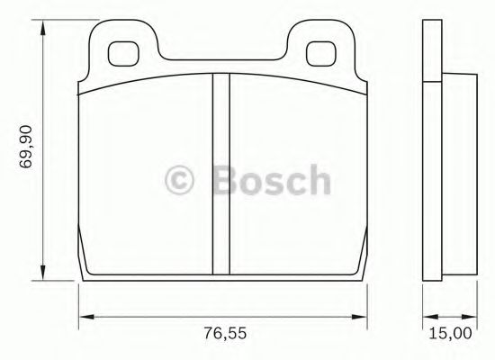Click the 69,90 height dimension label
pos(26,147)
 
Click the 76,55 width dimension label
pos(225,333)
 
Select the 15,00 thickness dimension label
pos(451,333)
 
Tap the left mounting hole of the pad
pos(123,54)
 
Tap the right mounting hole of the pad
pos(320,54)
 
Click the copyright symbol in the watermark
pos(179,180)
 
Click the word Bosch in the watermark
pos(272,179)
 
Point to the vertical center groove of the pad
pos(221,174)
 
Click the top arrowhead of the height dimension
pos(42,29)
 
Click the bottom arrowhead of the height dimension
pos(42,272)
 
